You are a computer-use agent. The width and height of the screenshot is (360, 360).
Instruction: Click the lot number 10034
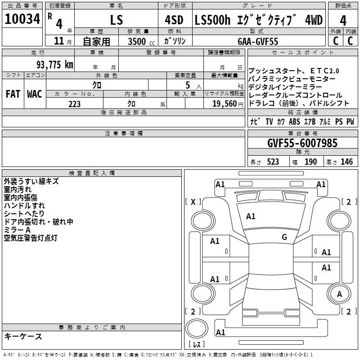[22, 19]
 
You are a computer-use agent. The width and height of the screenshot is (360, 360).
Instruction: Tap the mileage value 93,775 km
[55, 65]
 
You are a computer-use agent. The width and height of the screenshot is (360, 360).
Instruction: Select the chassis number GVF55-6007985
[302, 143]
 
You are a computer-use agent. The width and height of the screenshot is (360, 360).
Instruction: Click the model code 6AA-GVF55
[258, 41]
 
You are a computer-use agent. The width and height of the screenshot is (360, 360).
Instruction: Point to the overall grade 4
[343, 21]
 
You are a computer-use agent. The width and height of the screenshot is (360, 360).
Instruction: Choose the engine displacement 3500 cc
[141, 41]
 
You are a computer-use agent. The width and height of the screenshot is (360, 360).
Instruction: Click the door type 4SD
[174, 20]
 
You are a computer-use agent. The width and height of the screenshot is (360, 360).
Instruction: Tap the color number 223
[74, 104]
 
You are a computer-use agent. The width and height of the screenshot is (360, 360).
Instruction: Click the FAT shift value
[13, 94]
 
